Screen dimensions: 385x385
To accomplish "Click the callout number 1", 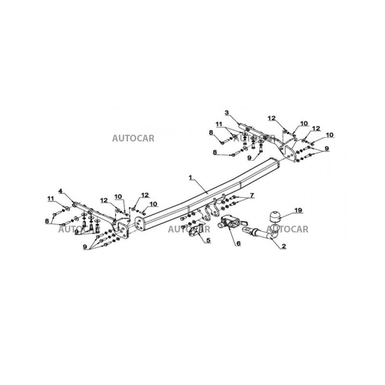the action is [x=190, y=177].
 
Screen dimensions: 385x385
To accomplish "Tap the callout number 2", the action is [x=283, y=246].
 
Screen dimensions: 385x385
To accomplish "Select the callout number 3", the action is [x=227, y=113].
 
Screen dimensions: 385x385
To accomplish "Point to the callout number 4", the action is [x=61, y=191].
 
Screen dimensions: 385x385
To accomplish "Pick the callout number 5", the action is [x=208, y=240].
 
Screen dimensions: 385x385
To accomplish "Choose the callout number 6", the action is [x=238, y=244].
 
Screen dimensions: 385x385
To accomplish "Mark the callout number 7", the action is [x=252, y=195].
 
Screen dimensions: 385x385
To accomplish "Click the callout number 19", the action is [x=298, y=210].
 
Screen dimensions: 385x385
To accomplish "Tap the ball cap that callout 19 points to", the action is [x=275, y=216].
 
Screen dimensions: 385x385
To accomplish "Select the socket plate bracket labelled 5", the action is [x=197, y=231].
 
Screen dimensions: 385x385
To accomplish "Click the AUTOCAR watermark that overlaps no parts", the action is [x=133, y=138].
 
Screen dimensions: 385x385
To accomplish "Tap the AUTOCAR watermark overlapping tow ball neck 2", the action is [x=287, y=230].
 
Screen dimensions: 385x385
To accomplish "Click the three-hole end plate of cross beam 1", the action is [x=139, y=224].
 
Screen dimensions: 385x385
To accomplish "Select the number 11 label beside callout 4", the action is [x=51, y=198].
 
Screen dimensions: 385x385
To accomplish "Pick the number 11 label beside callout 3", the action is [x=219, y=124].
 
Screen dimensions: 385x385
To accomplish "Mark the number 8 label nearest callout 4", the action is [x=47, y=221].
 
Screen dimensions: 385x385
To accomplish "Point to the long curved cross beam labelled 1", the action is [x=207, y=194].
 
